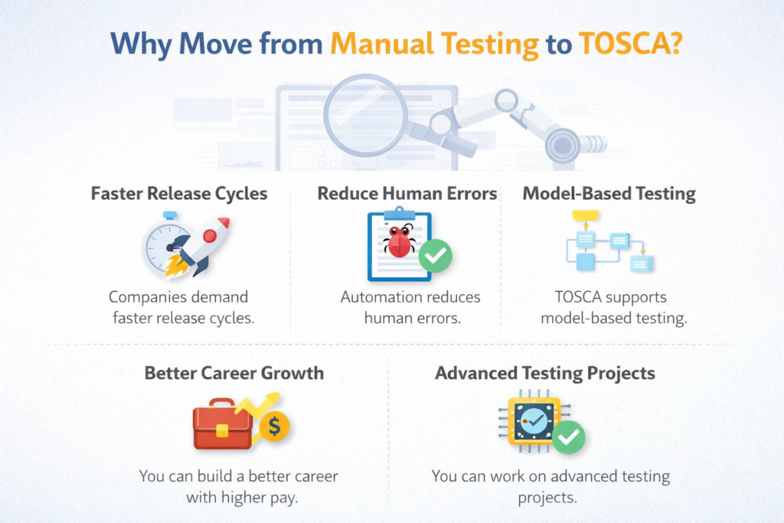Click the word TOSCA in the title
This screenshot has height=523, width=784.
click(x=621, y=43)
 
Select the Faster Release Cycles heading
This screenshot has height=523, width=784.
click(x=179, y=193)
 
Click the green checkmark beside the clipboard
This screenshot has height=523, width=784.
click(x=435, y=257)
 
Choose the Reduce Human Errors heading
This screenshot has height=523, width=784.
click(x=407, y=193)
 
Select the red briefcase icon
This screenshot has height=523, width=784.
click(x=222, y=424)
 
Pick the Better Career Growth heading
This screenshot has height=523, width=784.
click(x=234, y=374)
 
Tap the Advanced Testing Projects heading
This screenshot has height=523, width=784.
click(x=545, y=374)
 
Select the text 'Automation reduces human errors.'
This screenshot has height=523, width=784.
click(x=412, y=307)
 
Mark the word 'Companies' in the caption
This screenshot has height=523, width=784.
click(x=146, y=297)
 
